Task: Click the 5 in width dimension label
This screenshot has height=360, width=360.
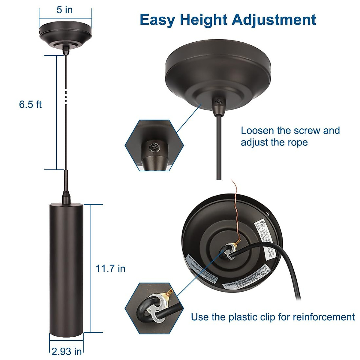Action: click(x=64, y=10)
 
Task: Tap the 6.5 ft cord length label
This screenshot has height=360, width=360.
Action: click(x=30, y=104)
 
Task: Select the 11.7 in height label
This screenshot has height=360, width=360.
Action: click(x=110, y=268)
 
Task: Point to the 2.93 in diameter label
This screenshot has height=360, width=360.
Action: click(x=67, y=351)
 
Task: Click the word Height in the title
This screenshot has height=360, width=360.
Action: click(x=203, y=20)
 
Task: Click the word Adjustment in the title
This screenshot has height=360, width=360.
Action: click(x=274, y=20)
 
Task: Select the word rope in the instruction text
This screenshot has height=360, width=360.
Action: click(x=297, y=142)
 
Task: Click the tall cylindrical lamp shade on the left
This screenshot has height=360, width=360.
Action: click(x=66, y=267)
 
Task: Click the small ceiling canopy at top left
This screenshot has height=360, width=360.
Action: click(x=65, y=34)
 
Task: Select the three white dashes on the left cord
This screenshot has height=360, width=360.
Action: click(x=66, y=96)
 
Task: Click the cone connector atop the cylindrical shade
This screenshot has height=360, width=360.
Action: click(x=65, y=198)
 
